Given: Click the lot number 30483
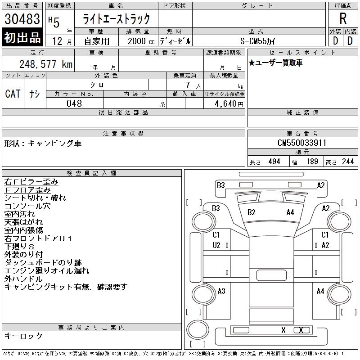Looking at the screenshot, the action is click(x=22, y=19).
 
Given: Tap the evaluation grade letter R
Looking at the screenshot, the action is click(x=342, y=19).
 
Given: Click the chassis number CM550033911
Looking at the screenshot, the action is click(x=302, y=143).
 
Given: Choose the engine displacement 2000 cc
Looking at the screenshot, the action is click(x=137, y=40).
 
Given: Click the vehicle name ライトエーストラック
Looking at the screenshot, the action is click(x=116, y=19).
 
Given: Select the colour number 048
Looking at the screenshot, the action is click(x=74, y=103).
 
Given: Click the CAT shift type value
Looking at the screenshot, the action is click(x=13, y=94).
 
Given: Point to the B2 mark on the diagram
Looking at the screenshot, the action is click(x=252, y=212).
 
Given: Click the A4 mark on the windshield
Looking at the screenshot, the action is click(x=290, y=212).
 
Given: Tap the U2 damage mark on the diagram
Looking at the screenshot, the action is click(x=216, y=245).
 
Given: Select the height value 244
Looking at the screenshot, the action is click(x=348, y=162).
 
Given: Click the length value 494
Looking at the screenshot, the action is click(x=274, y=162).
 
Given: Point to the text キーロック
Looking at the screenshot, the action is click(x=23, y=336).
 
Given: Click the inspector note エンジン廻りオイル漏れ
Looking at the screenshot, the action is click(x=47, y=270).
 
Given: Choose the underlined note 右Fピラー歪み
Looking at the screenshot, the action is click(x=31, y=182).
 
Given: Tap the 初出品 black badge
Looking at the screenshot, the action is click(x=22, y=38).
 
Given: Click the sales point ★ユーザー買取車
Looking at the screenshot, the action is click(x=275, y=63).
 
